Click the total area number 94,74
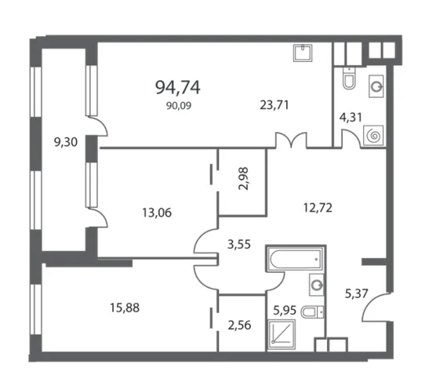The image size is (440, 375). click(177, 87)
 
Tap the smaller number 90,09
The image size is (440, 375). click(179, 106)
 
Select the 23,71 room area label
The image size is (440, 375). click(275, 105)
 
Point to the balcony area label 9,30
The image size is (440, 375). click(66, 142)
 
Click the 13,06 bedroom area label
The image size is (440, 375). click(157, 213)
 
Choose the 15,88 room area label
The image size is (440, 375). click(125, 308)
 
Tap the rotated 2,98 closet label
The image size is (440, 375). click(243, 179)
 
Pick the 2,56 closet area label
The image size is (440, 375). click(239, 326)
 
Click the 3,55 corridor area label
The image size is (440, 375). click(238, 245)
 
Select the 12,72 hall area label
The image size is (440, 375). click(318, 208)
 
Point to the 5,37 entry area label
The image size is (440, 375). click(356, 294)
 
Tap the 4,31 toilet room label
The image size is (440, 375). click(351, 117)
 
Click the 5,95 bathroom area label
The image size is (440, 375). click(285, 311)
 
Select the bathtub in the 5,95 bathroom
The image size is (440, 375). click(295, 260)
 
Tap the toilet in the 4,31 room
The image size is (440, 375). click(349, 78)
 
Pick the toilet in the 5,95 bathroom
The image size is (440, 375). click(312, 311)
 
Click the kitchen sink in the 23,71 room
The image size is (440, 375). click(303, 53)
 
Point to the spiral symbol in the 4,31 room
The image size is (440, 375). click(373, 136)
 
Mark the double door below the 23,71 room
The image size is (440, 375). click(291, 140)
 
